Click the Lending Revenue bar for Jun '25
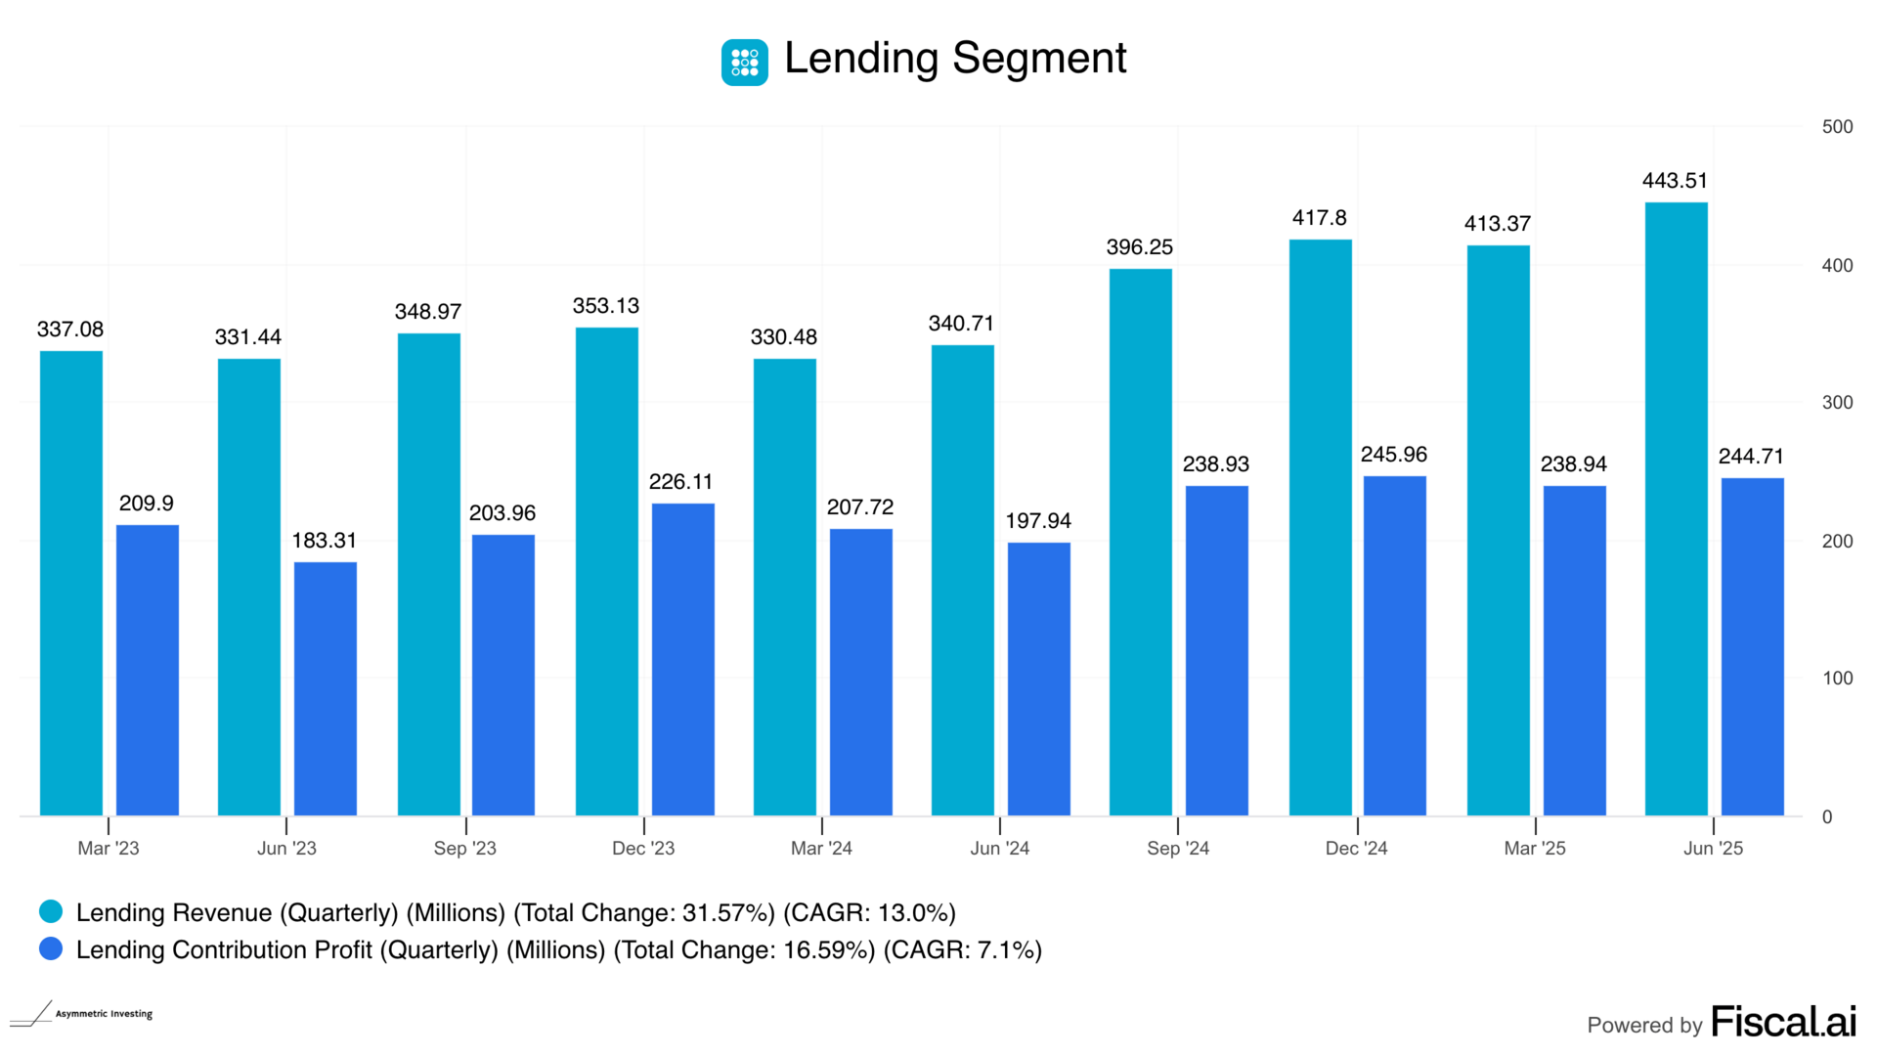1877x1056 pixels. coord(1676,508)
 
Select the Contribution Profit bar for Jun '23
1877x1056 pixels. coord(326,688)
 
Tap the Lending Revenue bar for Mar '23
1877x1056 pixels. coord(71,583)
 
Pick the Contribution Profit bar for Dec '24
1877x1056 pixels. coord(1395,645)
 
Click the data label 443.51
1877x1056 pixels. coord(1675,181)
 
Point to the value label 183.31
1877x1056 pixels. coord(325,541)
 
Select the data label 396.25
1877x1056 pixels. coord(1140,247)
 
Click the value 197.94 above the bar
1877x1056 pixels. coord(1038,521)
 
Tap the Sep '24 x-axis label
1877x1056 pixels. coord(1178,849)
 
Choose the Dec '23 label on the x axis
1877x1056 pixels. coord(643,849)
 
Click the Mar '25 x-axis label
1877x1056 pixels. coord(1535,849)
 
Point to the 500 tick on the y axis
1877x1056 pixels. coord(1837,127)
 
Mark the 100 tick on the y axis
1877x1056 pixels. coord(1837,679)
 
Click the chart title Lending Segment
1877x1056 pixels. coord(955,59)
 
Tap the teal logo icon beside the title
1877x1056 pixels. coord(745,63)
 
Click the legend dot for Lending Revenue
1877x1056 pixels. coord(51,912)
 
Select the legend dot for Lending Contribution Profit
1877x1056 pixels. coord(51,949)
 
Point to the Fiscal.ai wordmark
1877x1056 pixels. coord(1783,1023)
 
